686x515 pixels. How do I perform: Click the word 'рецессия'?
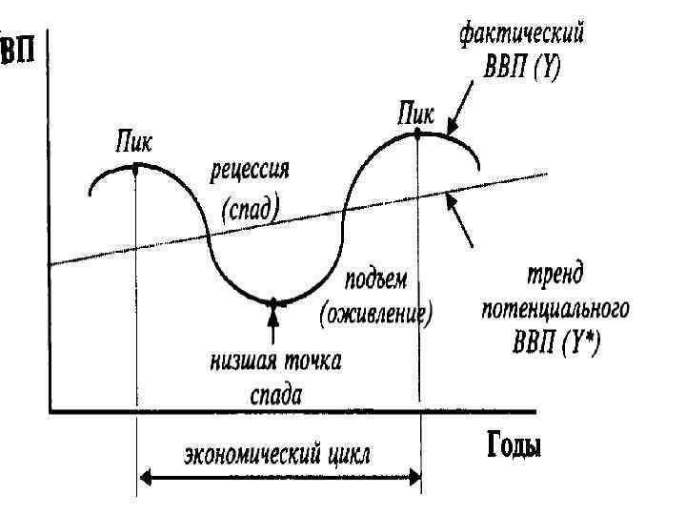250,173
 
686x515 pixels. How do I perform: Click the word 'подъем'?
375,280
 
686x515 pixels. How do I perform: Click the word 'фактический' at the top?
521,36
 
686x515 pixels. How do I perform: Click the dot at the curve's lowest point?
273,302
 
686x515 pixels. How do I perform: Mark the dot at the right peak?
417,133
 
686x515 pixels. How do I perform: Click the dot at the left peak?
136,165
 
